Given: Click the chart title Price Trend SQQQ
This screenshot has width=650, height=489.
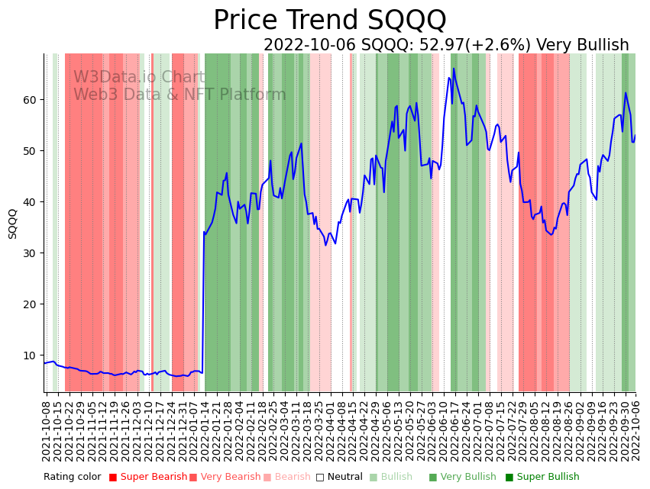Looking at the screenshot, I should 329,20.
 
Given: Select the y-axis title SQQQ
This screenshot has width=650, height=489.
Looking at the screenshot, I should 13,224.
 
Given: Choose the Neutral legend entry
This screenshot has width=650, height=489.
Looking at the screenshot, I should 340,478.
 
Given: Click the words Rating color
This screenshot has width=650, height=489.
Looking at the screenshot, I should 72,478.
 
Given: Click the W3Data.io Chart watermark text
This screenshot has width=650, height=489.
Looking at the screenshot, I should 139,78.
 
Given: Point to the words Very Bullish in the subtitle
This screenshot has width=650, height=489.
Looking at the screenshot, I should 582,46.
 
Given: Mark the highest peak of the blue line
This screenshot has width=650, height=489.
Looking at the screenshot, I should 454,69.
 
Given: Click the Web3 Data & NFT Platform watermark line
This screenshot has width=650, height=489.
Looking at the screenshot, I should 179,95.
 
